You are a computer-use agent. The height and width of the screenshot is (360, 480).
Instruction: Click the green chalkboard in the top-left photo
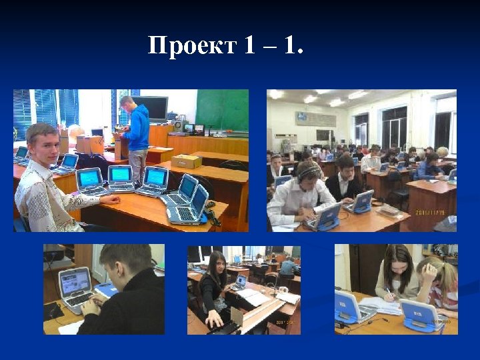click(221, 110)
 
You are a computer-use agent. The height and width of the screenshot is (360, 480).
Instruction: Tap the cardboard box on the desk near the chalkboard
click(186, 161)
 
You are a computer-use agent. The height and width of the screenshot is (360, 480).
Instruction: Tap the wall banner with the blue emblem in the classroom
click(316, 119)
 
